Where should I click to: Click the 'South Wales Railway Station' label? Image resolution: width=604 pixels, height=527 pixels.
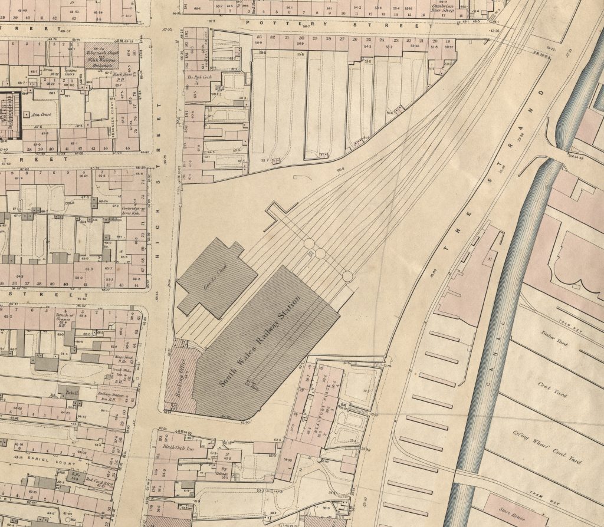260,342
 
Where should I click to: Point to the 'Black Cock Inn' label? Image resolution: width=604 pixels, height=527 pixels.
175,447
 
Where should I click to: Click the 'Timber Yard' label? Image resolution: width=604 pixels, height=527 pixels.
553,340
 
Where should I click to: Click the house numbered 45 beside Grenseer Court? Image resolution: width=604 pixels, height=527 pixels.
127,147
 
